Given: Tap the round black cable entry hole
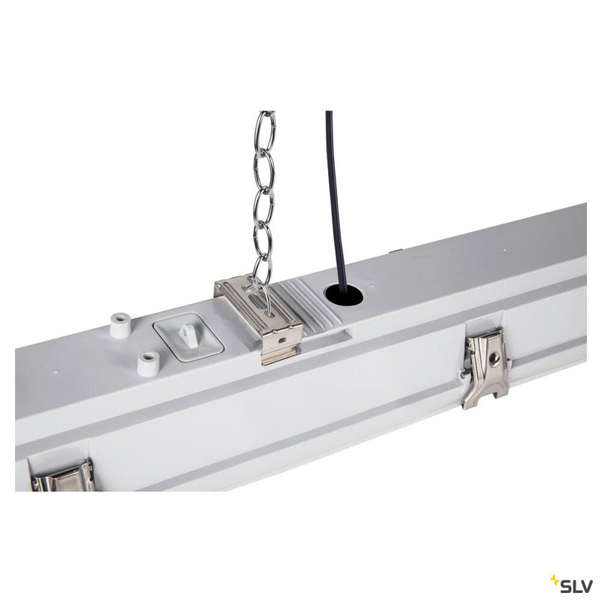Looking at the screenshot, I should click(344, 295).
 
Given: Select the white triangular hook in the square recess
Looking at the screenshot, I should click(188, 330).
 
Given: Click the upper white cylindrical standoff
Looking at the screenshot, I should click(120, 325).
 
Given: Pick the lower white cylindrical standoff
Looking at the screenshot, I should click(148, 363).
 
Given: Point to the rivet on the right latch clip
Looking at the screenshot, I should click(494, 359).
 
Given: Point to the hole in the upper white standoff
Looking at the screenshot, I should click(120, 318).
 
